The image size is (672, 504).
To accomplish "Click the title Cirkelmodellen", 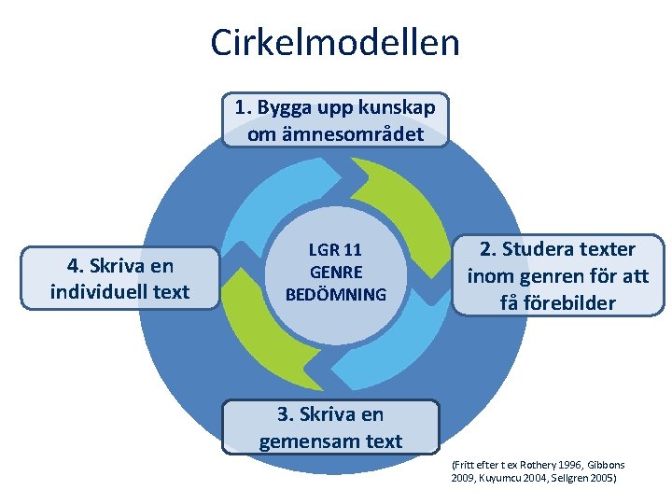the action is tap(335, 42).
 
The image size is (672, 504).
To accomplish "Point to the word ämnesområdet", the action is tap(335, 134).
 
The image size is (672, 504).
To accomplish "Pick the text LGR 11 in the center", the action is tap(335, 250).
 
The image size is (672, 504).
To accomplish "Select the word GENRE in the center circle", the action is tap(335, 273).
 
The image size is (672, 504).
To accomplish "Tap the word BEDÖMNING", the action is tap(335, 295).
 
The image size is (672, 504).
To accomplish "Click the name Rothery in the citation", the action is tap(536, 465).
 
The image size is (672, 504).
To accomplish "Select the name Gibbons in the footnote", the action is tap(606, 465).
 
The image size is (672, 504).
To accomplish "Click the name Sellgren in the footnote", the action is tap(565, 478).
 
